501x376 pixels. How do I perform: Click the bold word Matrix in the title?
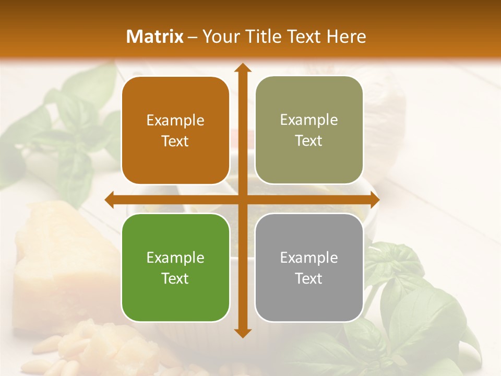155,37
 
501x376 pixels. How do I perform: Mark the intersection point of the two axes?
242,199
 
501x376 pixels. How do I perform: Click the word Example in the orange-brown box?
175,121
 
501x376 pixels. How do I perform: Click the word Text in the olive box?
309,141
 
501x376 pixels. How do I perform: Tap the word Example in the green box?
175,258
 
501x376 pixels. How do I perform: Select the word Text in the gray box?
309,278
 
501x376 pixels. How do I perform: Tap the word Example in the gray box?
309,258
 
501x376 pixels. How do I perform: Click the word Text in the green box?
175,278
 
